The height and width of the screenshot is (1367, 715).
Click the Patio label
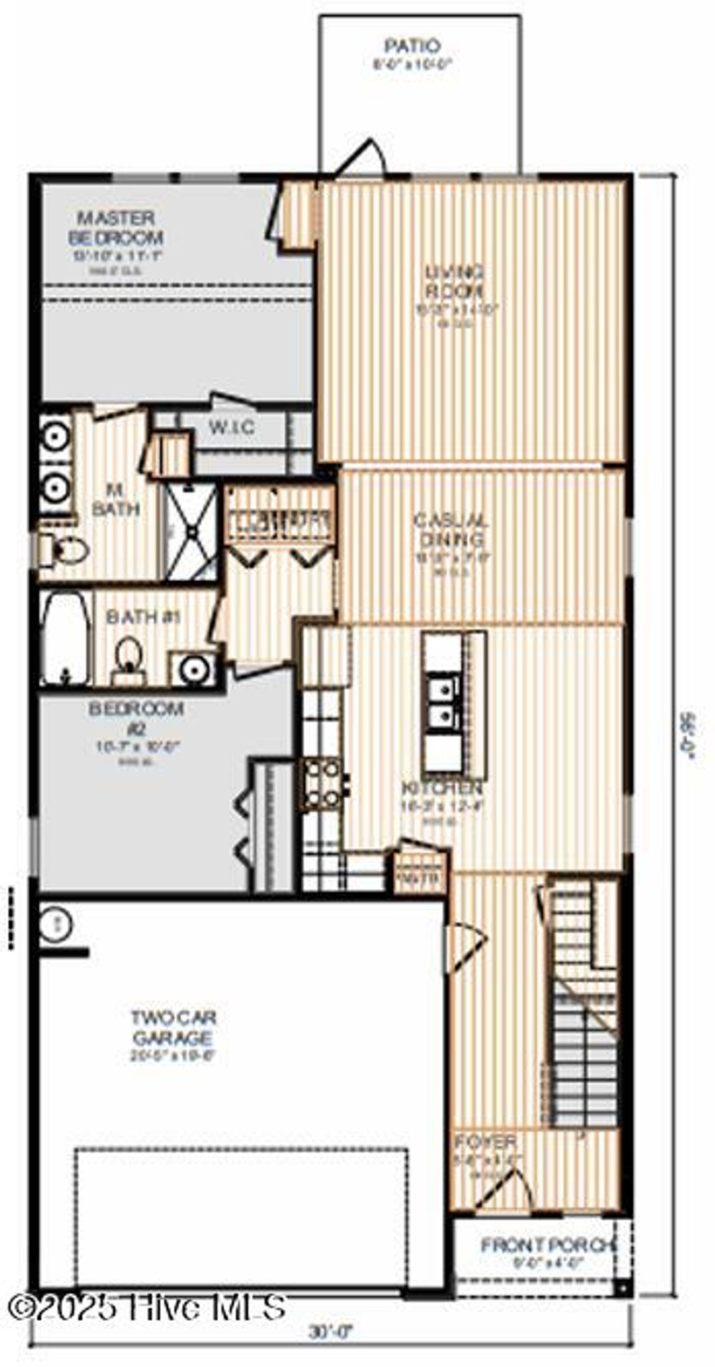[x=413, y=47]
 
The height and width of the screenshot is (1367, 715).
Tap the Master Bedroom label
[x=116, y=228]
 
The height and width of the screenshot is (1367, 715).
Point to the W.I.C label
[x=232, y=427]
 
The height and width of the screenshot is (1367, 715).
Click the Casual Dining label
[x=451, y=530]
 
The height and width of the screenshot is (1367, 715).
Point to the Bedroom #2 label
[x=136, y=719]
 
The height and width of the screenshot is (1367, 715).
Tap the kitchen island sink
[x=443, y=702]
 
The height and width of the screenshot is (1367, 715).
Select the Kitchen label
[x=442, y=788]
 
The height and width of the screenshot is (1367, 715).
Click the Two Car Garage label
[x=172, y=1028]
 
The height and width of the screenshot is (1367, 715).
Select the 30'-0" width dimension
[x=332, y=1331]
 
